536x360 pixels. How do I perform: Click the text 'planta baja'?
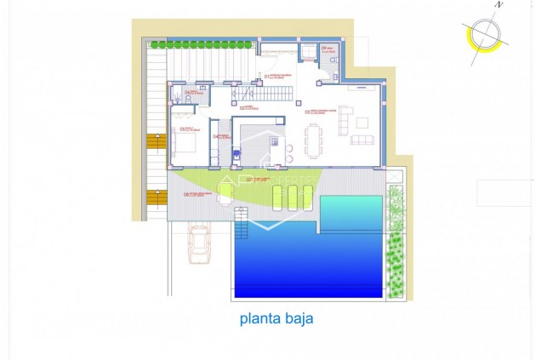276,320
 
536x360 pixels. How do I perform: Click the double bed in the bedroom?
186,142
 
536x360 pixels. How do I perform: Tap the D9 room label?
325,49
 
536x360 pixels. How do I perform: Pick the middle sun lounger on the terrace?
292,197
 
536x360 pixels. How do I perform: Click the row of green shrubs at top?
202,43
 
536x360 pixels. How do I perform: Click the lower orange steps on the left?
156,197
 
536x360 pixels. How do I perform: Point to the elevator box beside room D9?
305,51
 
